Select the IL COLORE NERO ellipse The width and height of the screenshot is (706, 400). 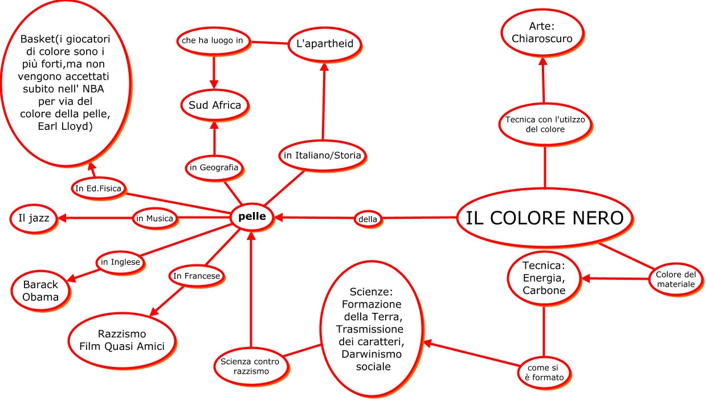[x=545, y=218]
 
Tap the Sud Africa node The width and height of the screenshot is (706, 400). [x=215, y=105]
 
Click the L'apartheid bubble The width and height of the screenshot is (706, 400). [x=325, y=43]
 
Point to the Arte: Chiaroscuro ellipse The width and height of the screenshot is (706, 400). [x=542, y=33]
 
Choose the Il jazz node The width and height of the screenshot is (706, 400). [x=34, y=218]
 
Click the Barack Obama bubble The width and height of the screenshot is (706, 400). [x=41, y=291]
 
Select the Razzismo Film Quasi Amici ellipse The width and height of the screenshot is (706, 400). [x=122, y=340]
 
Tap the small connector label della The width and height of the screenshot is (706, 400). [x=368, y=218]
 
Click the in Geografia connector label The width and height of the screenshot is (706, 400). [x=214, y=168]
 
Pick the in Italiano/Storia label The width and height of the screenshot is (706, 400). [x=323, y=155]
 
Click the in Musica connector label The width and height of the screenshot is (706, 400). [x=154, y=218]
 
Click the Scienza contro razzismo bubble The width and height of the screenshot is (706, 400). [x=250, y=365]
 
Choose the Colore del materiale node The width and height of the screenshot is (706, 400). [x=675, y=279]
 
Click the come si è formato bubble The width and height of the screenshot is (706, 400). [x=545, y=372]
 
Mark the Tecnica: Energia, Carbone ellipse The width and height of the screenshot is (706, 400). [x=544, y=278]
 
